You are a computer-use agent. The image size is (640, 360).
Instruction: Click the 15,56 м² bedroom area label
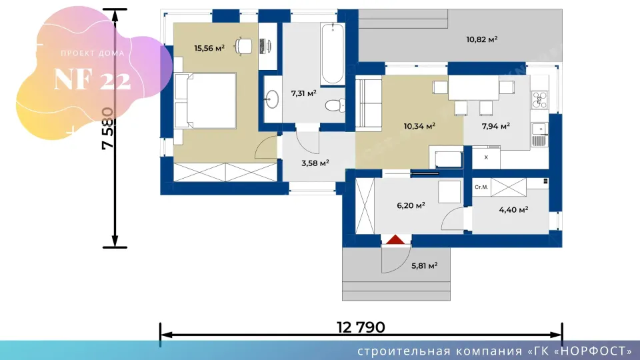point(209,48)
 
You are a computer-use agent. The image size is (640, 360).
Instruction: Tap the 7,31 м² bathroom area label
point(304,93)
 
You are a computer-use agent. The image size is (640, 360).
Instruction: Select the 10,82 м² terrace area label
point(481,39)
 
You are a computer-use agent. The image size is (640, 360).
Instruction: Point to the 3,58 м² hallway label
point(315,163)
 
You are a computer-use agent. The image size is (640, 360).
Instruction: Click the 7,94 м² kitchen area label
point(495,126)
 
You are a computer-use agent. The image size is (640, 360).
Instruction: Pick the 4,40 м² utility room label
point(513,210)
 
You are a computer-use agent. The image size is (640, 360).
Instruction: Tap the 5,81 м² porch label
point(425,266)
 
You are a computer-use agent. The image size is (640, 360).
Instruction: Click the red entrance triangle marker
point(395,239)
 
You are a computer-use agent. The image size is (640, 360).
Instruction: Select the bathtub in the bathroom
point(332,54)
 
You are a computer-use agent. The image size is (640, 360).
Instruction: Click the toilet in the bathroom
point(335,105)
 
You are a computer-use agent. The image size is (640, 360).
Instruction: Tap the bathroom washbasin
point(272,99)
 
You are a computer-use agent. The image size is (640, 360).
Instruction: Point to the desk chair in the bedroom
point(244,46)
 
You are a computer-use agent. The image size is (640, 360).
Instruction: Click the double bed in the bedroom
point(205,101)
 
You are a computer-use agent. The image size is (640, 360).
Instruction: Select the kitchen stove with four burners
point(539,100)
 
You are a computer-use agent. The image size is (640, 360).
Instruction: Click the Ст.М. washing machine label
point(481,187)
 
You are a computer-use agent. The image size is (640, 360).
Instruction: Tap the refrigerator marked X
point(486,157)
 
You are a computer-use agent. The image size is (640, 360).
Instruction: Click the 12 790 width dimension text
point(361,327)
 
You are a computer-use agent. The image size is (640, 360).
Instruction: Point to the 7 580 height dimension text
point(108,128)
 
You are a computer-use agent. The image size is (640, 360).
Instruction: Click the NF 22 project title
point(92,79)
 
